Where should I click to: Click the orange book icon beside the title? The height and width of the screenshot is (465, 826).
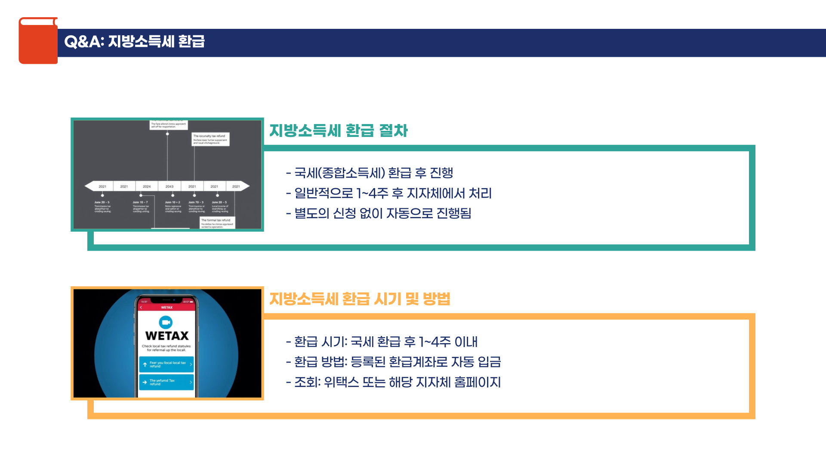38,41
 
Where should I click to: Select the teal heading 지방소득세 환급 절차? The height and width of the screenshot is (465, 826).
338,130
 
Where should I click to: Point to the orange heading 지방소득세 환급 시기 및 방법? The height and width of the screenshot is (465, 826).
360,299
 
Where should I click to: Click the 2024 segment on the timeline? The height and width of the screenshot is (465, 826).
147,186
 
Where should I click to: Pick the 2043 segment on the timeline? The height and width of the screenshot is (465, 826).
170,186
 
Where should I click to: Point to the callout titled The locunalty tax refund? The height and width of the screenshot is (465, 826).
210,139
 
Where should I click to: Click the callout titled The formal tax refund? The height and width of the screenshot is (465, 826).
217,223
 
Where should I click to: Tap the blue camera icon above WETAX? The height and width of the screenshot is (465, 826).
166,322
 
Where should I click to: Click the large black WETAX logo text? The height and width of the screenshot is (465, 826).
167,336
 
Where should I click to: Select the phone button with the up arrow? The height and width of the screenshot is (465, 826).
166,364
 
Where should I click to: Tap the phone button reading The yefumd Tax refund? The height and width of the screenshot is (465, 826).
166,382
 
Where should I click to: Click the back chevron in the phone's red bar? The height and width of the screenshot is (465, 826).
141,307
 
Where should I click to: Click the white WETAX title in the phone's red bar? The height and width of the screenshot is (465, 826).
167,307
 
